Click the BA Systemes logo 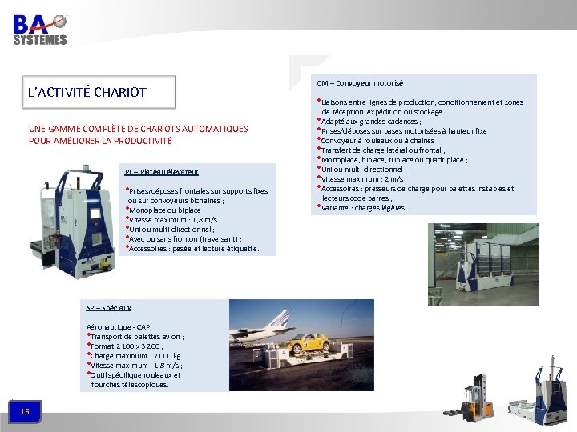tap(40, 28)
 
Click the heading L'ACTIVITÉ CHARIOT tap(87, 92)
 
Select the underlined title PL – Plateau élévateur tap(161, 172)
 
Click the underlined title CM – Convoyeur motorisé tap(360, 83)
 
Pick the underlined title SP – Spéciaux tap(108, 307)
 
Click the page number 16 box tap(25, 411)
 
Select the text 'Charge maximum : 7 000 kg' tap(136, 355)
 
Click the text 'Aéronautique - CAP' tap(118, 326)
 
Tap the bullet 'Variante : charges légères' tap(364, 207)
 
